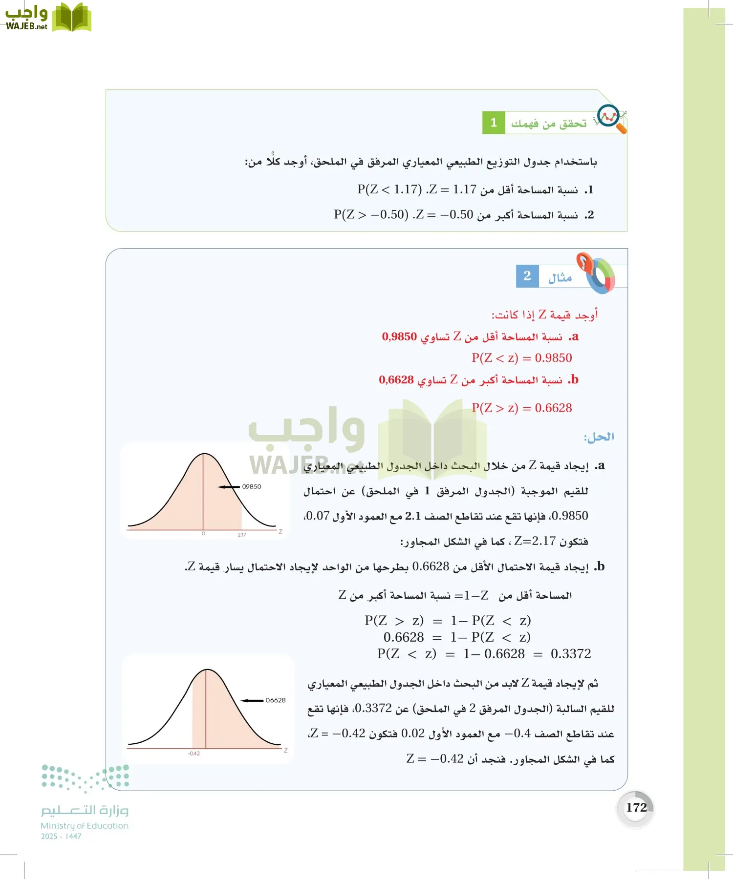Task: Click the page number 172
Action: [x=636, y=808]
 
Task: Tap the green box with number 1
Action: [x=494, y=123]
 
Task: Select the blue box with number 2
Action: [x=527, y=276]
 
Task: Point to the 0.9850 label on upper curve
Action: [x=252, y=486]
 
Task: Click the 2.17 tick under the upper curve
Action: [x=242, y=535]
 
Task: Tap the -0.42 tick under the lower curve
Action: [x=194, y=753]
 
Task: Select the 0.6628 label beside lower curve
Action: [x=276, y=700]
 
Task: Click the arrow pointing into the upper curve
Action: [x=229, y=486]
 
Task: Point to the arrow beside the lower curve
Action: [x=252, y=700]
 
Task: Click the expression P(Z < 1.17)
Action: [x=389, y=189]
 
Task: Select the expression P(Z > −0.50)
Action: [x=371, y=214]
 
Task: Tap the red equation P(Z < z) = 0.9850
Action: [x=521, y=358]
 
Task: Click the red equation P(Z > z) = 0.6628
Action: [x=521, y=408]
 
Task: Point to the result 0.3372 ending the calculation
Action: [x=571, y=654]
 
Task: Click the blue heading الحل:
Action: [x=599, y=437]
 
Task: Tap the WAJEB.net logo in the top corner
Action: [x=47, y=18]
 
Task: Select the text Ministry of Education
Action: [x=85, y=826]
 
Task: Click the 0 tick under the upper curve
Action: [x=203, y=534]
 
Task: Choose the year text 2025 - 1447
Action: [x=61, y=837]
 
